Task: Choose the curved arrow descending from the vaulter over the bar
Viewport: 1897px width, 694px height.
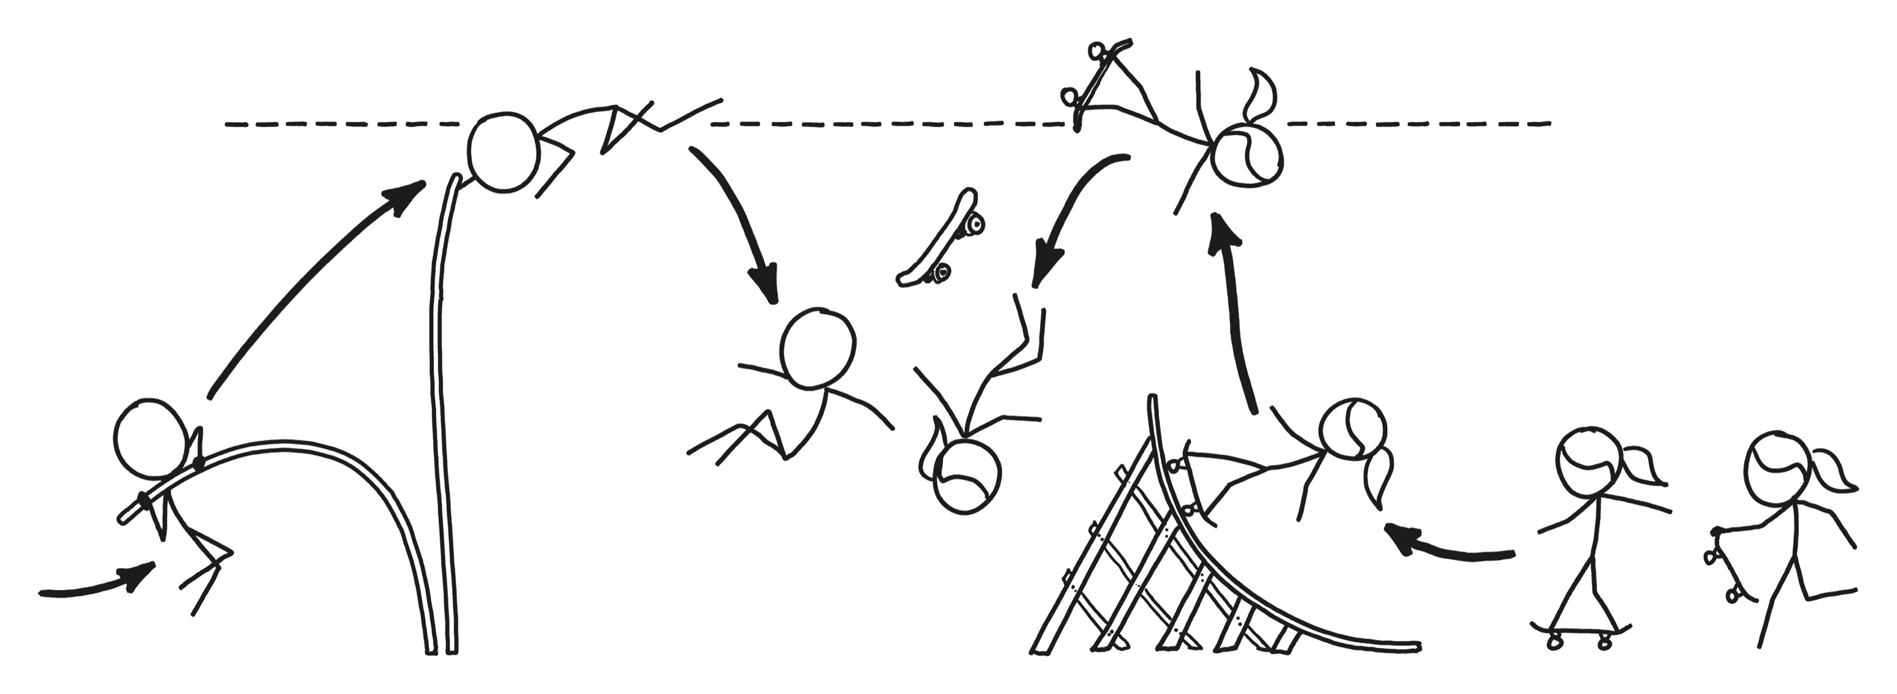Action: (x=736, y=221)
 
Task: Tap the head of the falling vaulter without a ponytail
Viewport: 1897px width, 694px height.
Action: (x=817, y=349)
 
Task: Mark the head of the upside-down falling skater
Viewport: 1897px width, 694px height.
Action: (x=966, y=475)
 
